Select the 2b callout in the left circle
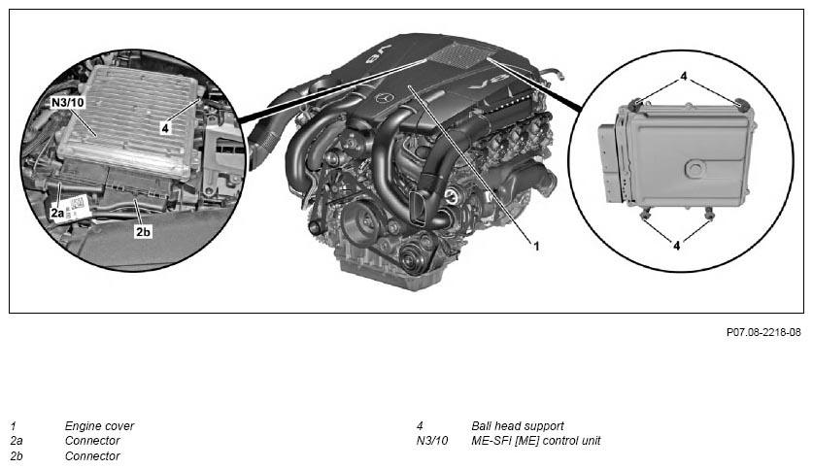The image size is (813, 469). click(x=143, y=232)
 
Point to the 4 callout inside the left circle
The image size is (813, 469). click(x=165, y=127)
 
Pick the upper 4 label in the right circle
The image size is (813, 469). click(x=683, y=75)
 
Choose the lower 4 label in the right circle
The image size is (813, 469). click(x=677, y=247)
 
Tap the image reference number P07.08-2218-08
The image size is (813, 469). click(x=763, y=332)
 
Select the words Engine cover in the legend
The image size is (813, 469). click(x=99, y=425)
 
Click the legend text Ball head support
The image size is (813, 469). click(x=517, y=425)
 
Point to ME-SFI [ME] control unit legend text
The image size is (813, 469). click(x=535, y=440)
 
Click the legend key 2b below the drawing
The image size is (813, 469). click(x=17, y=455)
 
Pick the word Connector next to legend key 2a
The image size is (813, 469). click(x=92, y=440)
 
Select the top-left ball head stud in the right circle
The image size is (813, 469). click(x=636, y=104)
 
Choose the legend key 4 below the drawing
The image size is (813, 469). click(x=420, y=425)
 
